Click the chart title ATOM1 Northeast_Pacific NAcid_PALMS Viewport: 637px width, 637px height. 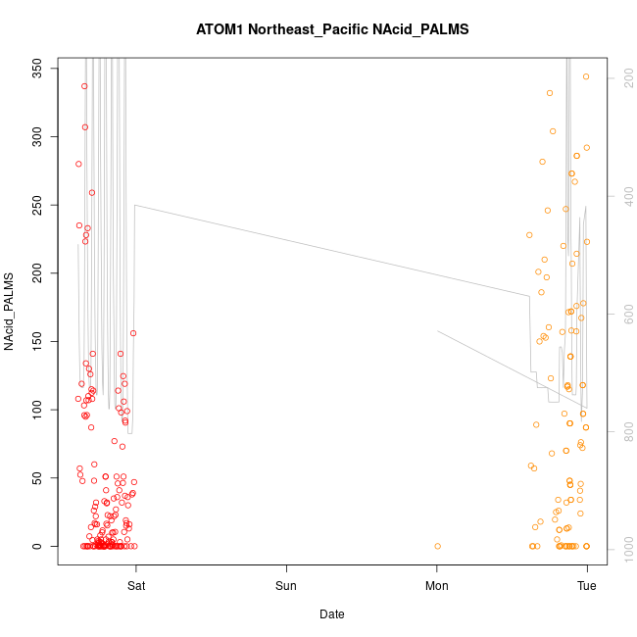point(332,29)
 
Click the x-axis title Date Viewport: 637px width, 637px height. point(331,614)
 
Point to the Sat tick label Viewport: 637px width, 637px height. point(136,586)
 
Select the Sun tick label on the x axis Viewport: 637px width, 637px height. point(286,586)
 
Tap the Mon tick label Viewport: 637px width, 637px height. point(437,586)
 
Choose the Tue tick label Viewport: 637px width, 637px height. point(587,586)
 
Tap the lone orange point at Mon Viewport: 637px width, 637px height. point(437,546)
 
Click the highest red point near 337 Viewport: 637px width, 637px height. point(84,86)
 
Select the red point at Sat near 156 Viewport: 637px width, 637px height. point(133,333)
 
